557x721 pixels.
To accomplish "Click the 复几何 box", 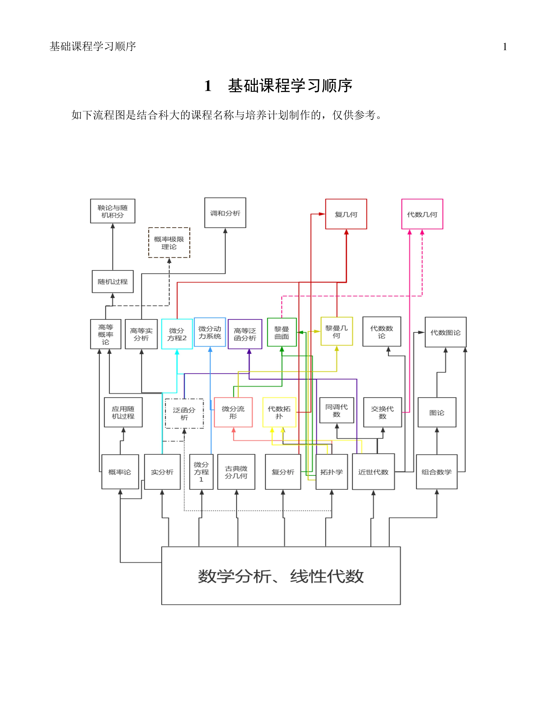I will pyautogui.click(x=346, y=214).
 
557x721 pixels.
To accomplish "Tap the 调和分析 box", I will pyautogui.click(x=225, y=213).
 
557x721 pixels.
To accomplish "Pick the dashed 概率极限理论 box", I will pyautogui.click(x=169, y=243).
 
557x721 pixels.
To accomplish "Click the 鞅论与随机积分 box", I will pyautogui.click(x=112, y=211).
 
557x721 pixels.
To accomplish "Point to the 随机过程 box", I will pyautogui.click(x=112, y=281).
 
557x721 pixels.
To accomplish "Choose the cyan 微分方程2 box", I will pyautogui.click(x=177, y=334).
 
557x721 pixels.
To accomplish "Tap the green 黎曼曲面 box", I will pyautogui.click(x=282, y=332).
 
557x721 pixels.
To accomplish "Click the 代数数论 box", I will pyautogui.click(x=382, y=331).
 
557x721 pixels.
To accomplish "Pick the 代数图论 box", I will pyautogui.click(x=445, y=332).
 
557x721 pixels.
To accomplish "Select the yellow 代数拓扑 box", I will pyautogui.click(x=279, y=412).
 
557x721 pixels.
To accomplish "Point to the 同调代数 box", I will pyautogui.click(x=337, y=410).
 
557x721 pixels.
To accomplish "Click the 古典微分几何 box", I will pyautogui.click(x=236, y=472).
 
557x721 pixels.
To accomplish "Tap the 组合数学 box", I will pyautogui.click(x=437, y=472).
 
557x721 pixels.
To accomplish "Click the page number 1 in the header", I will pyautogui.click(x=505, y=47).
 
